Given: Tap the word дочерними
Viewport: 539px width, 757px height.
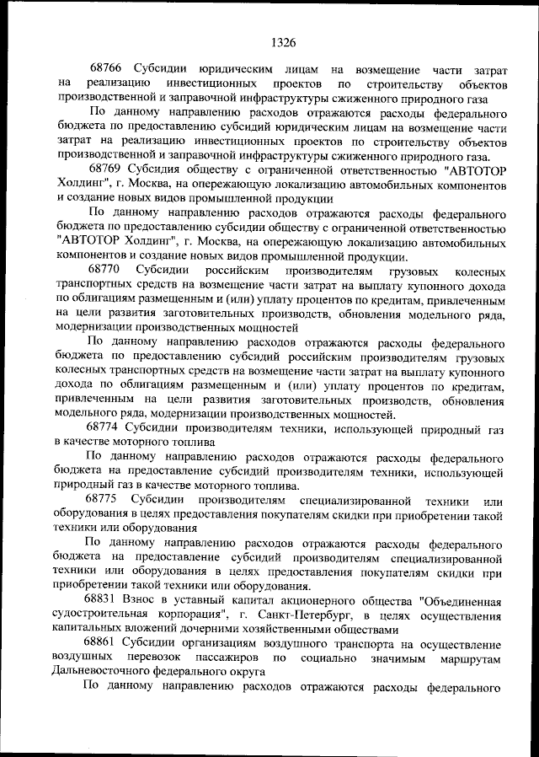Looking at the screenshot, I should point(227,629).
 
